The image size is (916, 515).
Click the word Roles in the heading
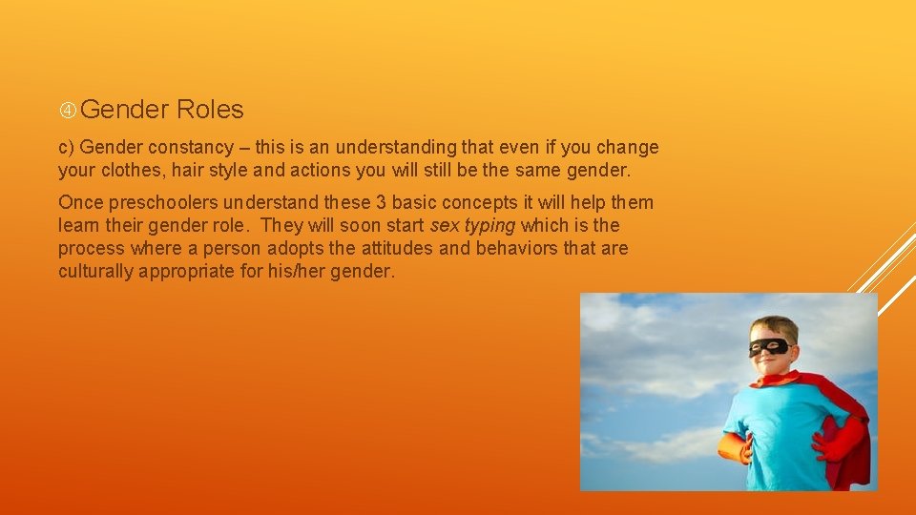[210, 110]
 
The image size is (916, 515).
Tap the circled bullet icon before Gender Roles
[68, 111]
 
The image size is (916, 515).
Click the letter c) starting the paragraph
[67, 148]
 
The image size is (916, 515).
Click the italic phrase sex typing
[472, 226]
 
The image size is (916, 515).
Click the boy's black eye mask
[768, 346]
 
